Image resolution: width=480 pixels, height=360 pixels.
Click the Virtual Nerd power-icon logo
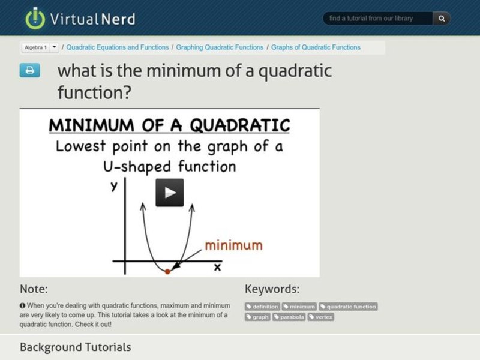[35, 18]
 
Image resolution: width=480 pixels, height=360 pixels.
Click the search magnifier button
[441, 19]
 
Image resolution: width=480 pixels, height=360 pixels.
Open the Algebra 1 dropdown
[54, 47]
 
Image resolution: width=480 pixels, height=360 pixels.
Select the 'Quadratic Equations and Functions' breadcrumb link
[118, 47]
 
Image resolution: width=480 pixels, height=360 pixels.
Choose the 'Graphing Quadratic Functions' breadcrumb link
[221, 47]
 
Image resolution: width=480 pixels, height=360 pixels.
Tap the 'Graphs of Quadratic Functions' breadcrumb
[316, 47]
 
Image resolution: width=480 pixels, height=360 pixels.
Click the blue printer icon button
[29, 70]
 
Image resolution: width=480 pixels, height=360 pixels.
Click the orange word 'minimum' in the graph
[233, 245]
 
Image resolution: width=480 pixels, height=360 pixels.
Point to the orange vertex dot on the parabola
[167, 271]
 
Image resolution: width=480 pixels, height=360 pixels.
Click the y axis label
[114, 187]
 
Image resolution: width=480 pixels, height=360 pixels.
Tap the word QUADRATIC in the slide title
[239, 125]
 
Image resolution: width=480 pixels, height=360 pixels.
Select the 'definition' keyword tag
[262, 307]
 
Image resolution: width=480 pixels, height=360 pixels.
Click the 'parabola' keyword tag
[289, 317]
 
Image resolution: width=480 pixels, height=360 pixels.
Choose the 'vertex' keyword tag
[321, 317]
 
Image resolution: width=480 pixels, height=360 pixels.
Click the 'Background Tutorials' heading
[75, 347]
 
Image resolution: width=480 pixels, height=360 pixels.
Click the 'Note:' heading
[34, 289]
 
